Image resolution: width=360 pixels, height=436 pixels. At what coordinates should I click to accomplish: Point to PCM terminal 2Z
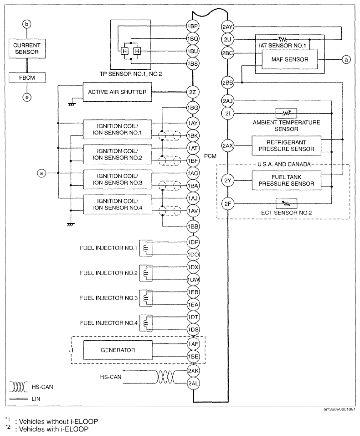(x=192, y=92)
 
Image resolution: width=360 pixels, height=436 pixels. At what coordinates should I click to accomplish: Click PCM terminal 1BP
(x=192, y=25)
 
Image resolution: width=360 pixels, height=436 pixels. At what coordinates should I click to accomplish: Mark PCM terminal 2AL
(x=192, y=383)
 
